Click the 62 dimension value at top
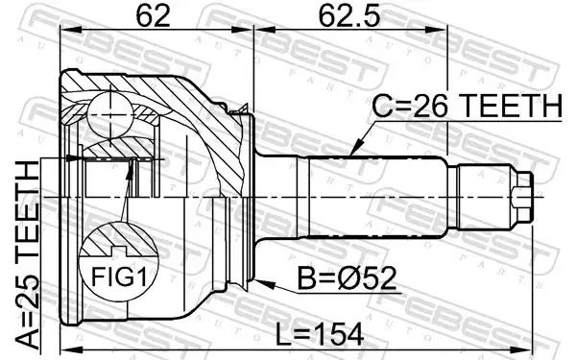(x=154, y=16)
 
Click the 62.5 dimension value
(x=349, y=16)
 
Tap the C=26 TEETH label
(x=467, y=107)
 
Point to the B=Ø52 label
(x=348, y=278)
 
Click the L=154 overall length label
(x=320, y=335)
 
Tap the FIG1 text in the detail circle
(x=119, y=276)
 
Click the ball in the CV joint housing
(x=110, y=115)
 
